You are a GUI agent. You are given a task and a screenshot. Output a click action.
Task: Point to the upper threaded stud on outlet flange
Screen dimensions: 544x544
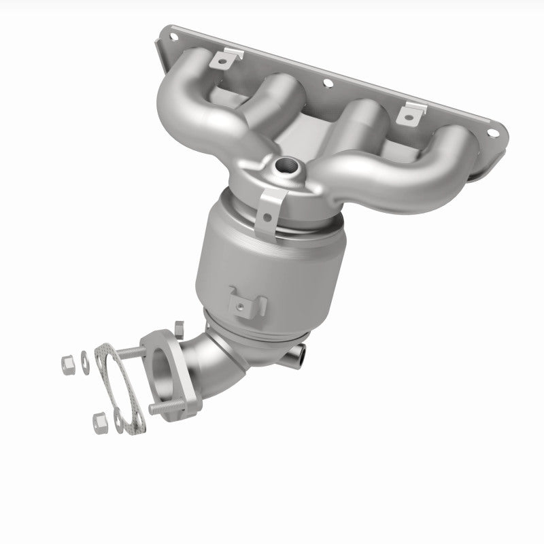[129, 353]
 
